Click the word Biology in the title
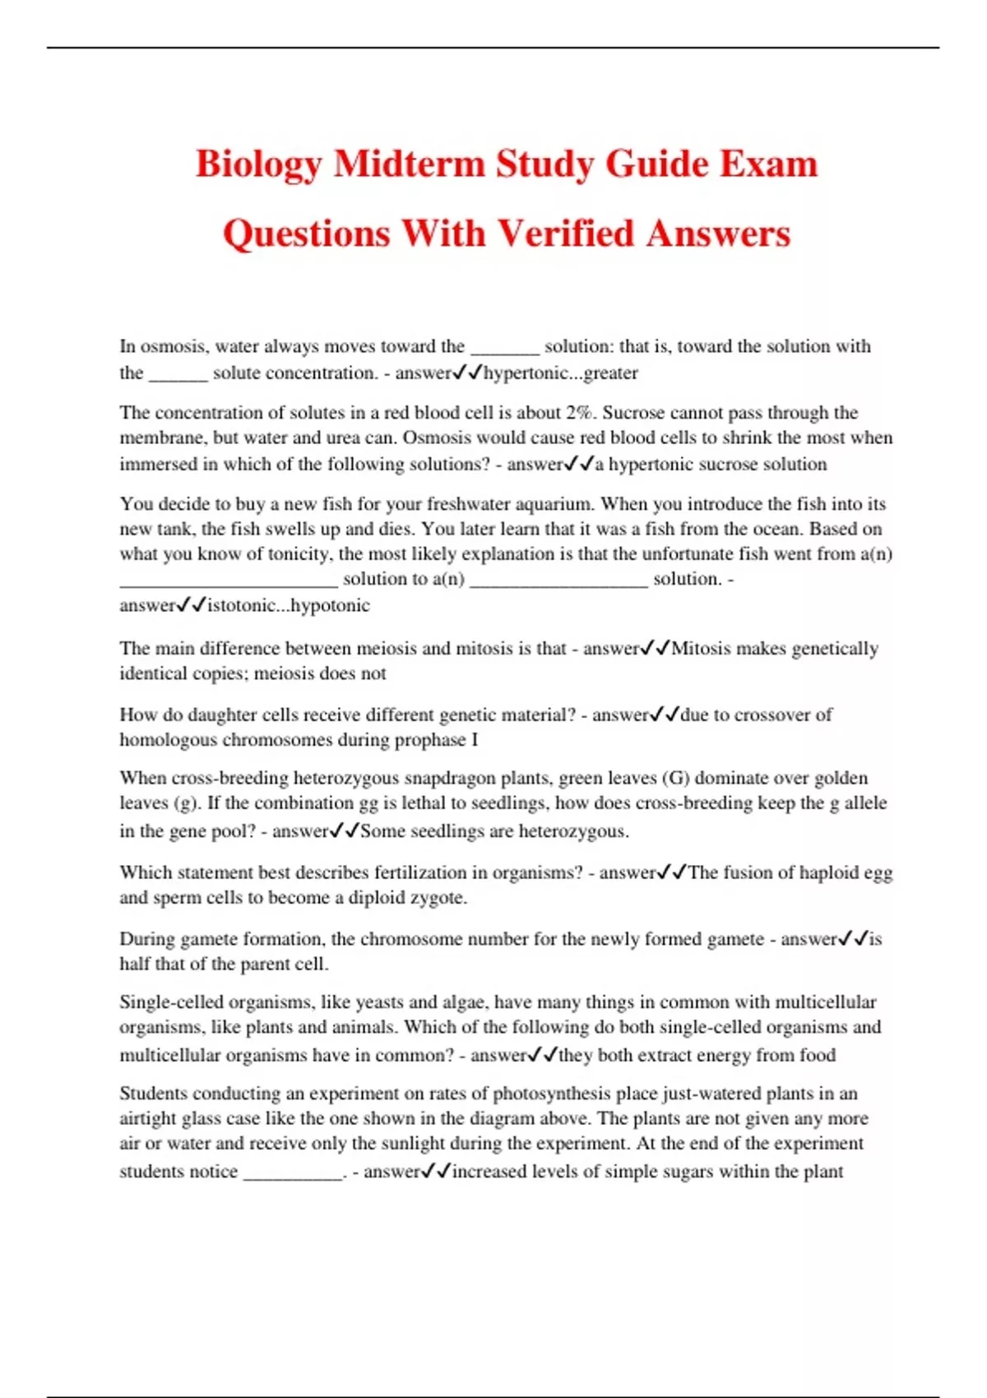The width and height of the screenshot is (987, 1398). pyautogui.click(x=258, y=164)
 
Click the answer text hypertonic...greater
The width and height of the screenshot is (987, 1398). pyautogui.click(x=561, y=373)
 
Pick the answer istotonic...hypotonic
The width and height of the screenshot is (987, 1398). pyautogui.click(x=289, y=606)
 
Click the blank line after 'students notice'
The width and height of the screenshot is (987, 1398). pyautogui.click(x=293, y=1173)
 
